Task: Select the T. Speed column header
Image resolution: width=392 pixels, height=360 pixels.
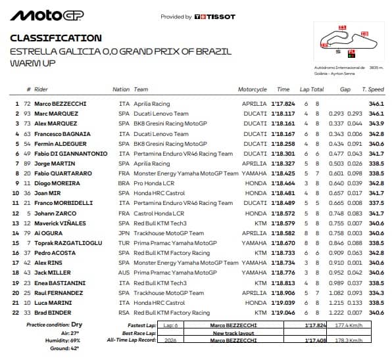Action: [374, 89]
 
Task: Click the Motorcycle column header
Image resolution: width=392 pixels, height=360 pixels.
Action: [253, 89]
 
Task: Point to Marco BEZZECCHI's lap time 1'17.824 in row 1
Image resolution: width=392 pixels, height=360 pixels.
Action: [282, 104]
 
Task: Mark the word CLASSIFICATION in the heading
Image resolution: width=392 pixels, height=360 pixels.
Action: [56, 38]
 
